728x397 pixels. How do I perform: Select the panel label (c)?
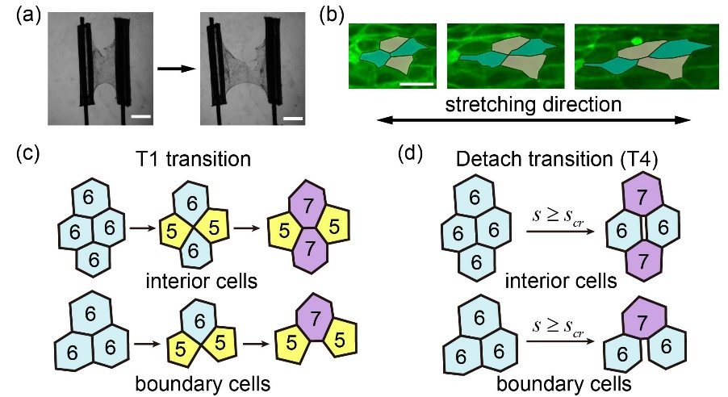19,158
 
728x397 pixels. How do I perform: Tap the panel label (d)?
414,158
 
